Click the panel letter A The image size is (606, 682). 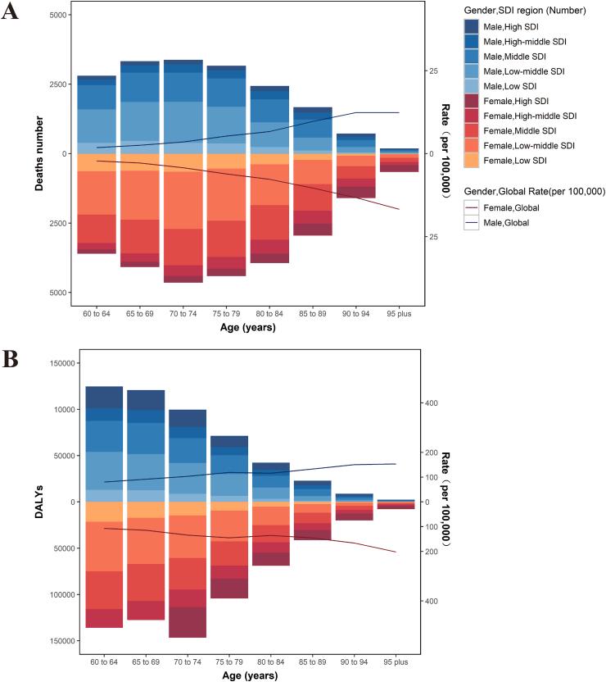[x=11, y=14]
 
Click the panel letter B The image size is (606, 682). [x=11, y=360]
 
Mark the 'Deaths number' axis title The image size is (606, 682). [x=39, y=153]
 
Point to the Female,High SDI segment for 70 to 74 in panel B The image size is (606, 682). [x=188, y=622]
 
